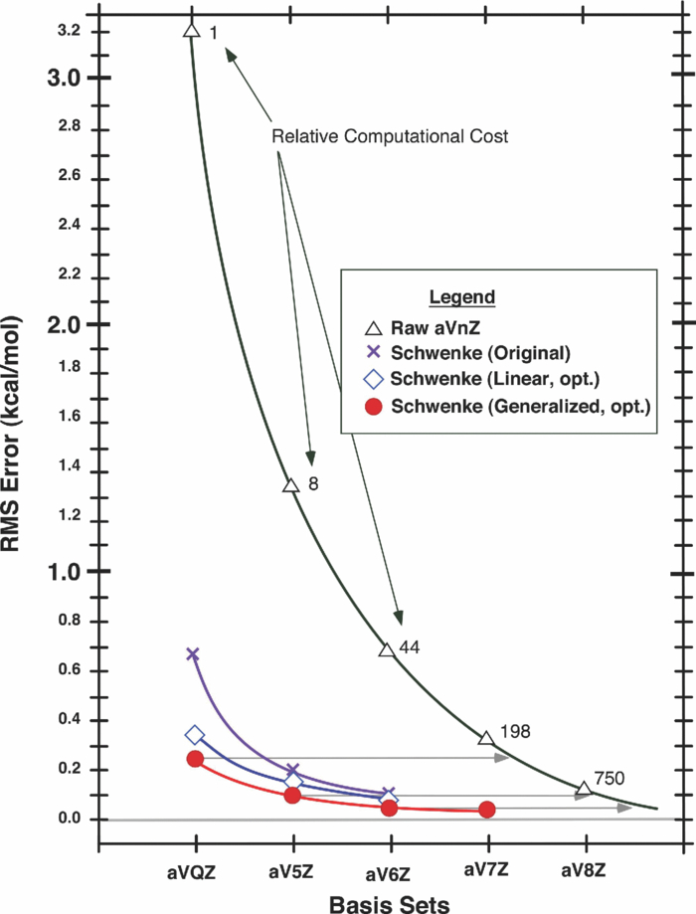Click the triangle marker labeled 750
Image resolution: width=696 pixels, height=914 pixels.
click(584, 789)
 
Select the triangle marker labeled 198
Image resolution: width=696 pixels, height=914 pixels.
click(486, 738)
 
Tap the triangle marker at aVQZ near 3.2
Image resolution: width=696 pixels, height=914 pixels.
click(192, 31)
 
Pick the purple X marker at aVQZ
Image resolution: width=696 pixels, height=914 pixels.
click(193, 653)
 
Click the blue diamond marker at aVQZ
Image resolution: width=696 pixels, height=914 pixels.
click(195, 735)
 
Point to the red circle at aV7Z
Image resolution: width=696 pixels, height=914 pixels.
click(487, 810)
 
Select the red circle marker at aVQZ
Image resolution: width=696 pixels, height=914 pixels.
click(195, 759)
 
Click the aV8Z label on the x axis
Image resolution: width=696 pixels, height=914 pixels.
click(583, 868)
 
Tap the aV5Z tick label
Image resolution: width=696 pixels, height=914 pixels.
click(293, 868)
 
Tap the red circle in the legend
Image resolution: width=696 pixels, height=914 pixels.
click(372, 405)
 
